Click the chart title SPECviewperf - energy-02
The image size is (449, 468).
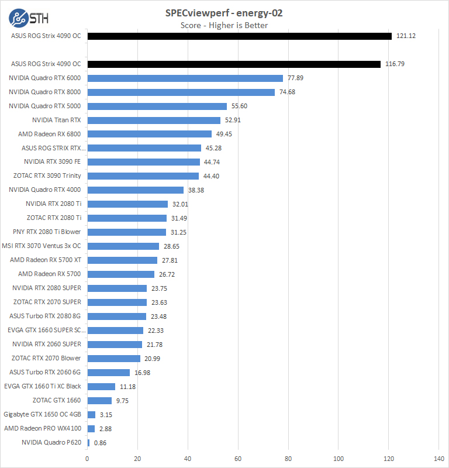(224, 12)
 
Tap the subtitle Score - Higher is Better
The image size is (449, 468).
(224, 25)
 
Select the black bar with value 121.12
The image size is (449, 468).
(240, 36)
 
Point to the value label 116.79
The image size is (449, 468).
(395, 64)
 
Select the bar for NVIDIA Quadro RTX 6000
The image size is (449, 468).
(185, 78)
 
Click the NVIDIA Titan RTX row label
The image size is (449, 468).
(57, 120)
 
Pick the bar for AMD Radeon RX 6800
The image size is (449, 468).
(150, 134)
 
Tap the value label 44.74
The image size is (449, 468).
(212, 162)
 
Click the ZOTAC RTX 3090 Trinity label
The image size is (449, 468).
(47, 175)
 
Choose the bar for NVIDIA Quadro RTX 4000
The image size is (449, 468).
(136, 190)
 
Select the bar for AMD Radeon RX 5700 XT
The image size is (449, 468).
(122, 260)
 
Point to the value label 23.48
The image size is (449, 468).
(158, 316)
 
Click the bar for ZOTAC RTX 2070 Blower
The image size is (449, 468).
(114, 358)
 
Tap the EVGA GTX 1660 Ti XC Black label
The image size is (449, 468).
(43, 386)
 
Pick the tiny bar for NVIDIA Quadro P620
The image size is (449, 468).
(88, 443)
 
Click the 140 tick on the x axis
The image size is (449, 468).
(438, 459)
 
